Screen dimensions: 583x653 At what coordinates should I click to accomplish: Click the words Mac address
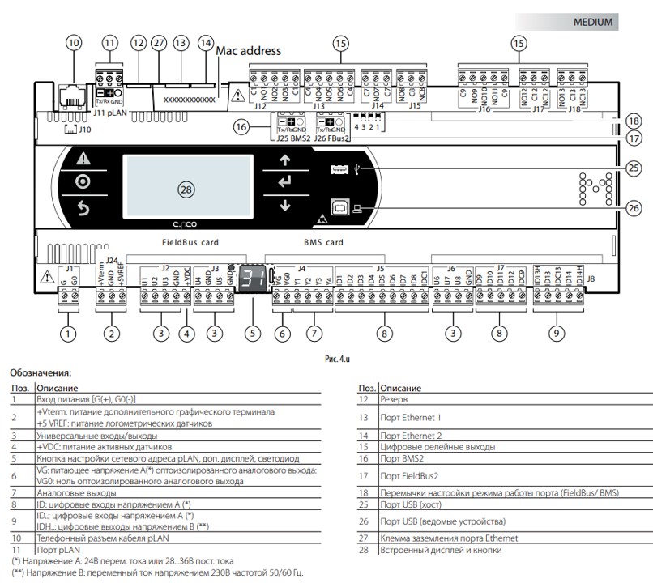248,51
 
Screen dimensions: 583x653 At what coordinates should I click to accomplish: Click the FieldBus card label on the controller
185,242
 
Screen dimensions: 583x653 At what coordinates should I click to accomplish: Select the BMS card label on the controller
323,242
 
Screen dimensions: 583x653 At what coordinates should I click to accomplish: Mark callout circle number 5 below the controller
254,332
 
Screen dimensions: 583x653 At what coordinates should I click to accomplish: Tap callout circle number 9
555,332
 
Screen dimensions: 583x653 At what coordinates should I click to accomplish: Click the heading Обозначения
41,373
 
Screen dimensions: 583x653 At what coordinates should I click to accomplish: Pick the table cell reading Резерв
395,400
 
